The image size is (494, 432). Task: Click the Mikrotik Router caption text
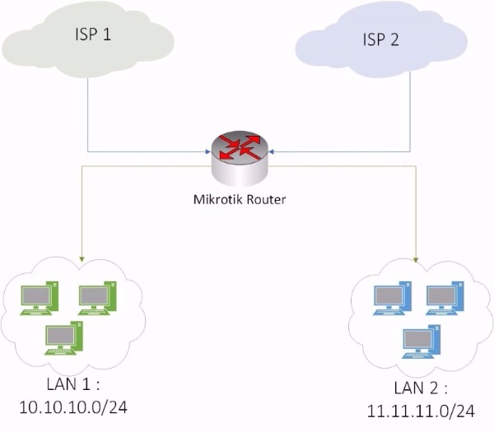click(237, 198)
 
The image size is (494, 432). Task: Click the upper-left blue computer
click(390, 299)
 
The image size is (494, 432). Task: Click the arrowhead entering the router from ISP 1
click(206, 151)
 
